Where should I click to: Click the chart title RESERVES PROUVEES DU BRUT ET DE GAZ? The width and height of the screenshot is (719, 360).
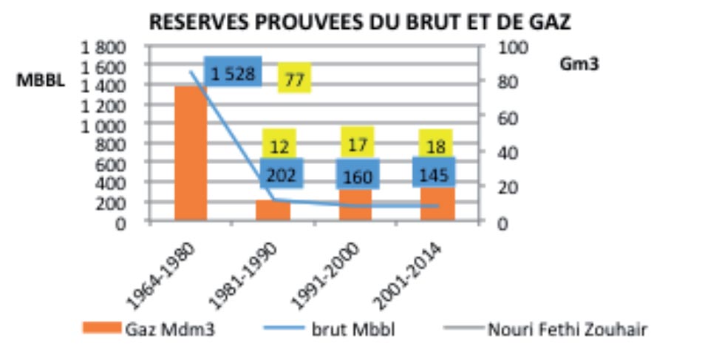click(360, 22)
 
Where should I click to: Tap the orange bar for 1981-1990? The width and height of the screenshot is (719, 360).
click(273, 211)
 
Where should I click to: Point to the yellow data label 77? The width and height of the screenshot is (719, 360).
click(294, 78)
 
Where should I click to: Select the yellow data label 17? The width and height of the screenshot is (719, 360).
click(358, 143)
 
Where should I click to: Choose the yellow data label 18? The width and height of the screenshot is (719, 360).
click(436, 145)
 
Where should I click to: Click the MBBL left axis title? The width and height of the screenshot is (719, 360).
click(41, 81)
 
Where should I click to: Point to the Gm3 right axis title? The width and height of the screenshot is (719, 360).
click(579, 64)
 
